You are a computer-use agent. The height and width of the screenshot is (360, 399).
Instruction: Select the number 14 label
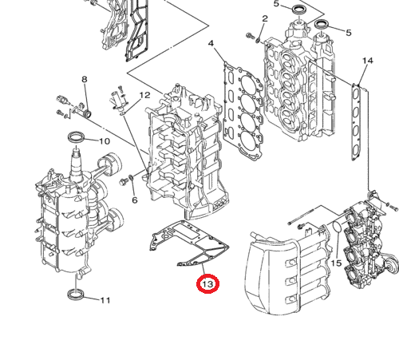click(x=367, y=61)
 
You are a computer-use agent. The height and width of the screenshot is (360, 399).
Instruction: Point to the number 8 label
click(x=84, y=79)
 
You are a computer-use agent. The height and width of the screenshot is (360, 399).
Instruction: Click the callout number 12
click(x=144, y=96)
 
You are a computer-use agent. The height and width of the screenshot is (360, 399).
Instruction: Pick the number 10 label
click(x=104, y=141)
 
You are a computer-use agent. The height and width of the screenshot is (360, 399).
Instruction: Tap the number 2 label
click(x=265, y=19)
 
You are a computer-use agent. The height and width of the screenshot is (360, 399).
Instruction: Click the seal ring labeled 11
click(x=77, y=297)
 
